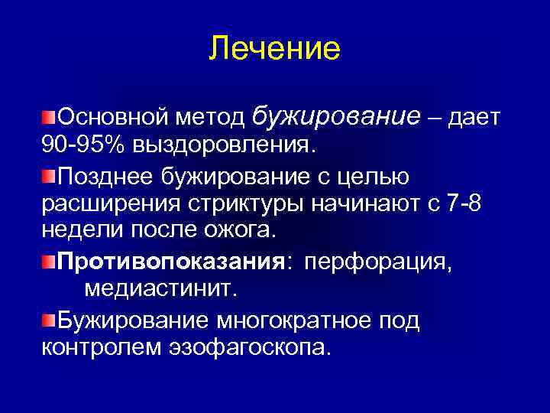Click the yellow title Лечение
274,48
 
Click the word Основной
112,117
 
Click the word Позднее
106,177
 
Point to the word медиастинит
161,289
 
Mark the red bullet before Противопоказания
49,262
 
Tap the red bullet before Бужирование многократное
49,320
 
